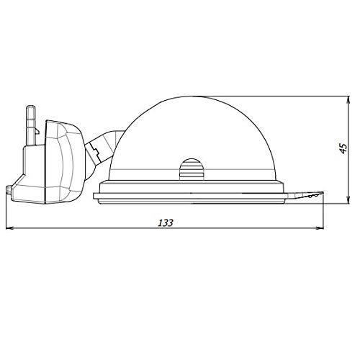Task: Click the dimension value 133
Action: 166,223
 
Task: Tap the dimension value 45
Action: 343,149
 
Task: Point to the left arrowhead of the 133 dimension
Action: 9,228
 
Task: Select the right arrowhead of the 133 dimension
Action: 320,228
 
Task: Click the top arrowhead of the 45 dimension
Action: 348,100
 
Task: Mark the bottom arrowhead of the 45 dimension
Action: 348,200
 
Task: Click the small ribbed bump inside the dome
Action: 191,168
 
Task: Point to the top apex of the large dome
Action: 192,96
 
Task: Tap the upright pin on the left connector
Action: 31,125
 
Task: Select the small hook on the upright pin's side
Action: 37,131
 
